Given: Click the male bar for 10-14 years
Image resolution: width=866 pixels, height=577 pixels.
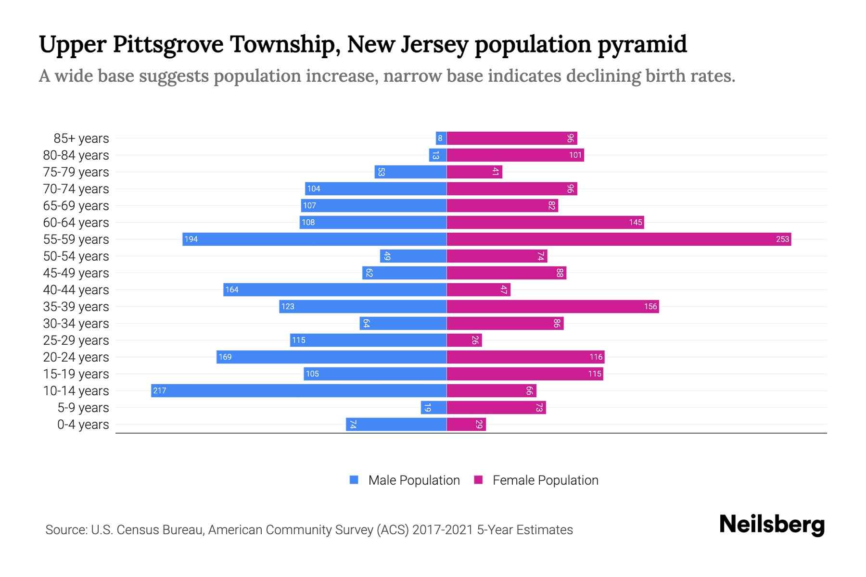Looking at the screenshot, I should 298,390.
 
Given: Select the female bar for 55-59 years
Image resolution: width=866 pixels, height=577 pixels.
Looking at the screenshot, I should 619,239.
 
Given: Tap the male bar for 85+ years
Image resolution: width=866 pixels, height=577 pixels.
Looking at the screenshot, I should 441,138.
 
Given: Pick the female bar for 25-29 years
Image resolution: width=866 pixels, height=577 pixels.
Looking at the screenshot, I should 464,340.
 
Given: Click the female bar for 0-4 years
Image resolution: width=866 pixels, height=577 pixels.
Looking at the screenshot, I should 466,424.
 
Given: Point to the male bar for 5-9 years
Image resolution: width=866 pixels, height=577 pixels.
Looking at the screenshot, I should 433,407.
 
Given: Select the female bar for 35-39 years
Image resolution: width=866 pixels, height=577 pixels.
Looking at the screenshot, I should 552,306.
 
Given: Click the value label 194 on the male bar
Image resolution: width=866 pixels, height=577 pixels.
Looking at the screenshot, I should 191,239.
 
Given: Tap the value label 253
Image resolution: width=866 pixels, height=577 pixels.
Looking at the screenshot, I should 782,239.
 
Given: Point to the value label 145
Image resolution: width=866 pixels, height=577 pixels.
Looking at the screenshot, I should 635,222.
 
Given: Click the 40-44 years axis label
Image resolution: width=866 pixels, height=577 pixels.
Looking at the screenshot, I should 76,289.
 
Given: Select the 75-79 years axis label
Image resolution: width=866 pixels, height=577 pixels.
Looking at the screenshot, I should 76,172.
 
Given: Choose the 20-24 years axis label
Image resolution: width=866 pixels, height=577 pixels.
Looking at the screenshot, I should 76,357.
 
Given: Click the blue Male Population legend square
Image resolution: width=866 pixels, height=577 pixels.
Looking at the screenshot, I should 354,480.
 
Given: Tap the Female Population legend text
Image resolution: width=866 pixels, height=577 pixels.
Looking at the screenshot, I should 545,480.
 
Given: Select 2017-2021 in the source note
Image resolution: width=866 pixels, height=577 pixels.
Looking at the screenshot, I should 442,529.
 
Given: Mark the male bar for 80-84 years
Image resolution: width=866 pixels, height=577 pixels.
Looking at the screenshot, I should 438,155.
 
